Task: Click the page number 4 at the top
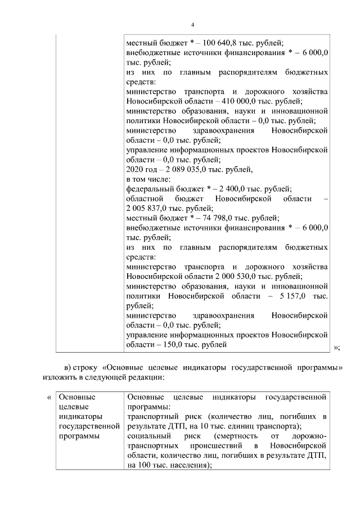pos(192,25)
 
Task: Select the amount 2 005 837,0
pos(148,208)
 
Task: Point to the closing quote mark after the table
pos(336,347)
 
